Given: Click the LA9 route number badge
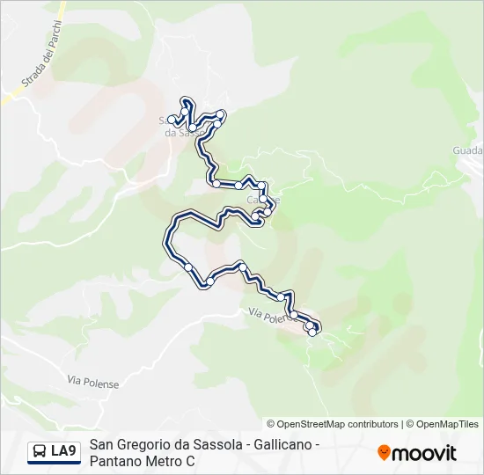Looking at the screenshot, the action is click(63, 451).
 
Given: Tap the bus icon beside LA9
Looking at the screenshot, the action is click(40, 451).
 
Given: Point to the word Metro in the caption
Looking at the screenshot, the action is click(165, 461).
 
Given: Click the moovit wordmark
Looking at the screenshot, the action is click(424, 453).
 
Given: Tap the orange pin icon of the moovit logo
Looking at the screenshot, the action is click(384, 452).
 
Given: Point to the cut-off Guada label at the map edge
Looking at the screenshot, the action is click(467, 150).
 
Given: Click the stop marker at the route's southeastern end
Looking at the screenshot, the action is click(312, 332).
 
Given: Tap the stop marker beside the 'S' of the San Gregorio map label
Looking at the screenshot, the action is click(172, 120).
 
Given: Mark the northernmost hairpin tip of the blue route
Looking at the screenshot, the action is click(187, 99).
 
